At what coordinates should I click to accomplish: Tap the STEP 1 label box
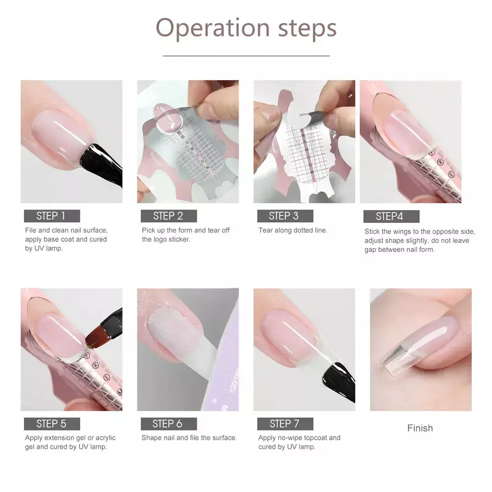(x=52, y=216)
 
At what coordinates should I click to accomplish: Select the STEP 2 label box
(x=169, y=216)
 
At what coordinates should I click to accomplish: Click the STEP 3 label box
(x=285, y=216)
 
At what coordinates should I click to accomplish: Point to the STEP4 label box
(x=391, y=216)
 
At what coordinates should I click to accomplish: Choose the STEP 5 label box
(x=52, y=424)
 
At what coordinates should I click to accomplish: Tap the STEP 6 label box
(x=169, y=424)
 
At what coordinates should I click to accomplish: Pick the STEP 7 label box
(x=285, y=424)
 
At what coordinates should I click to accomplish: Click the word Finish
(x=420, y=428)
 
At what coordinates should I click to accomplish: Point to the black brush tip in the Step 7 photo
(x=339, y=381)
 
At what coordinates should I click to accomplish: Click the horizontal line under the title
(x=246, y=56)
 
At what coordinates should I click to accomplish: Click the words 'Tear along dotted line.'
(x=293, y=230)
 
